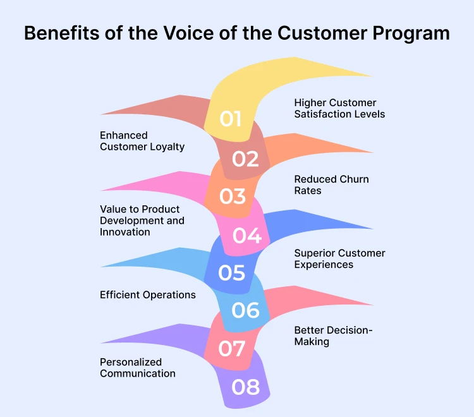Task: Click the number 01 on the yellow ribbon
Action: click(231, 118)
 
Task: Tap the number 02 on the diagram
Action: click(245, 159)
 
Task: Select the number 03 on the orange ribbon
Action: click(232, 196)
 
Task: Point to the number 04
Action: click(246, 235)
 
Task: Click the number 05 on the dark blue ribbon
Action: click(231, 272)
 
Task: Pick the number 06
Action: click(246, 310)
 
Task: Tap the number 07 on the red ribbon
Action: click(232, 348)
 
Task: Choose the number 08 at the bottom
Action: click(246, 387)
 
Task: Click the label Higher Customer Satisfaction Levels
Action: click(339, 109)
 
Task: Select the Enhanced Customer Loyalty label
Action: click(142, 141)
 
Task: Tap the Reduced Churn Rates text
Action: click(331, 184)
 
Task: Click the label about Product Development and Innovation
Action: click(142, 221)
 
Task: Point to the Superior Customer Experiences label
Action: click(339, 258)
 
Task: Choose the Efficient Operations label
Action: click(148, 295)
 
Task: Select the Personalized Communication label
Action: click(138, 368)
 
